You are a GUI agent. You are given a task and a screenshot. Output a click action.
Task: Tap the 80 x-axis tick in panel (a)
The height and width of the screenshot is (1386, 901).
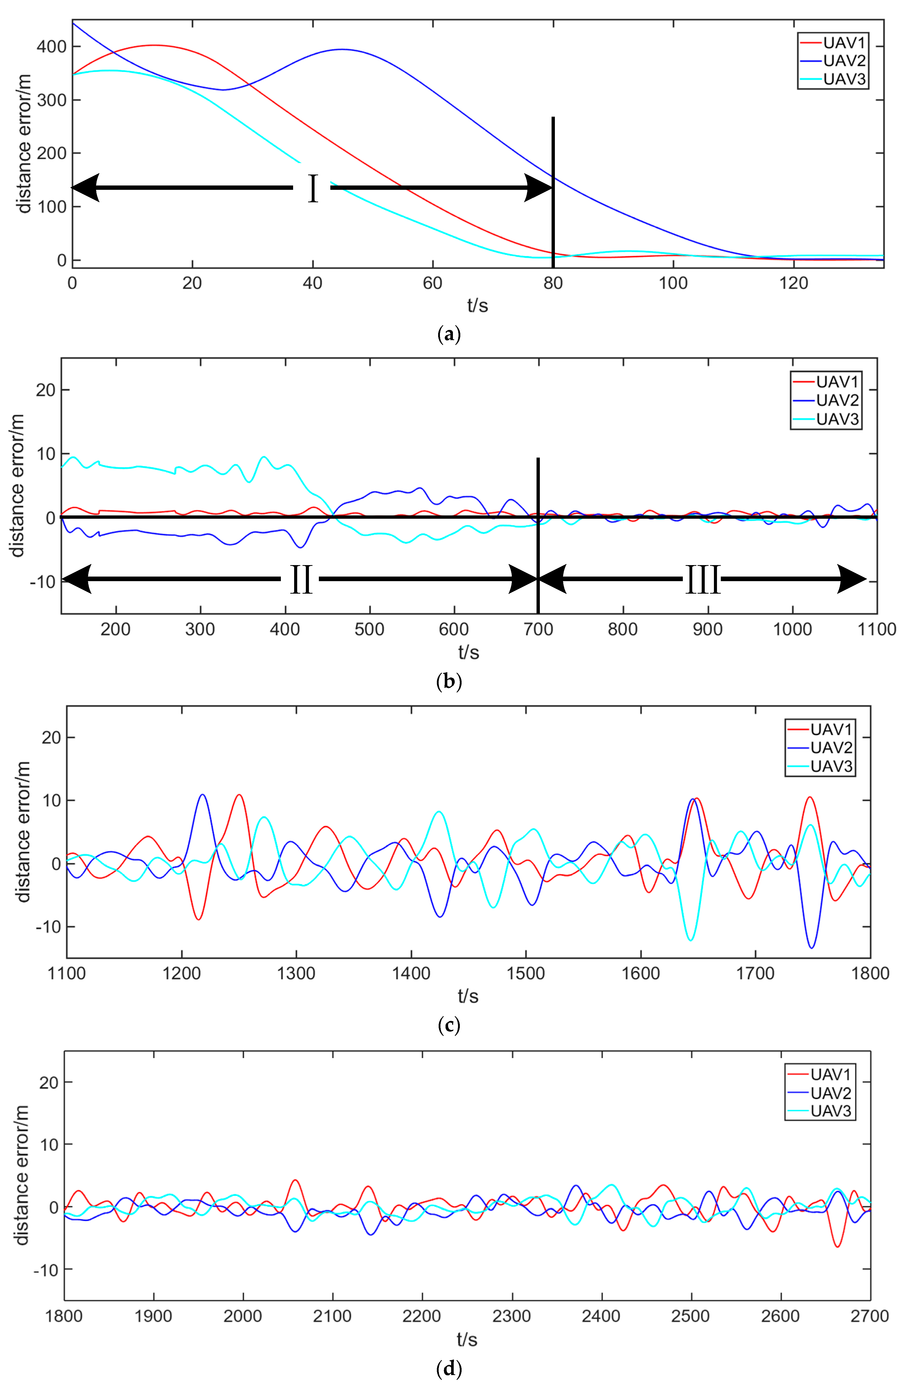click(x=553, y=284)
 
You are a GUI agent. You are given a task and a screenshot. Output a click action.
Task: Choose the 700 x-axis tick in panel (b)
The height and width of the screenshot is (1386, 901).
click(x=538, y=630)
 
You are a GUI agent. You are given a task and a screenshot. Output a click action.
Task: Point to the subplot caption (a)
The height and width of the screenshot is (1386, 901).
click(x=449, y=334)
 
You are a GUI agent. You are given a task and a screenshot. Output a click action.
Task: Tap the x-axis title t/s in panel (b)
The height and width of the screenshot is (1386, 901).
click(x=468, y=652)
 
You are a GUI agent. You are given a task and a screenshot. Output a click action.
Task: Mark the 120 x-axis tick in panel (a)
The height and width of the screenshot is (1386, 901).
click(x=793, y=284)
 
